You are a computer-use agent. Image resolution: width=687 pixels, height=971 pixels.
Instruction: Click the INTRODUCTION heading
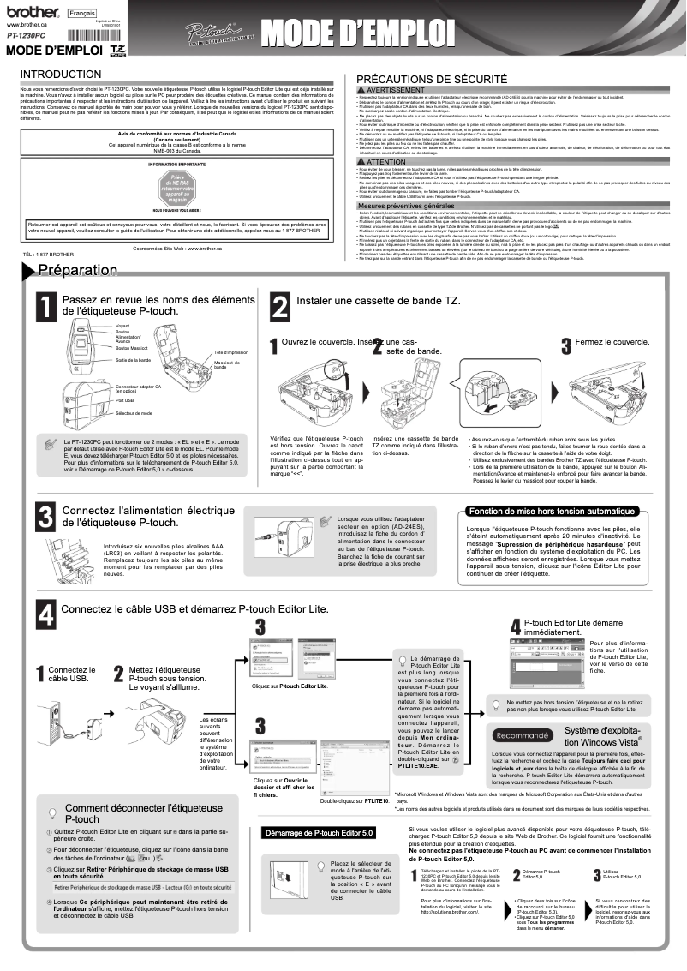60,74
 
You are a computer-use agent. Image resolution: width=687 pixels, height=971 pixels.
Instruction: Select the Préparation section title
77,271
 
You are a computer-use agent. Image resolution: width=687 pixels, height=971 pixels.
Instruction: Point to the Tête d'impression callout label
230,352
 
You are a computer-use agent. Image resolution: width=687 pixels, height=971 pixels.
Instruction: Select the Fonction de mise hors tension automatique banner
552,512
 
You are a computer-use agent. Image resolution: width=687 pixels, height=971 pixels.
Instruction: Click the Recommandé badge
523,735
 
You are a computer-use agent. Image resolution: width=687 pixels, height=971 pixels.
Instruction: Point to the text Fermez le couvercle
612,341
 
